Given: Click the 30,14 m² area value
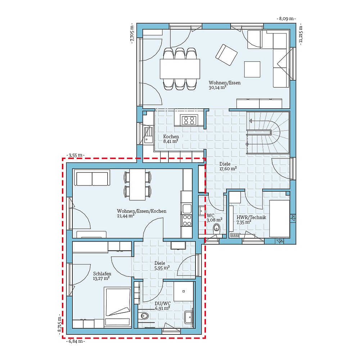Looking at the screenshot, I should [x=217, y=87].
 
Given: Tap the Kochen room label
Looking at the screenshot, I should [x=171, y=137].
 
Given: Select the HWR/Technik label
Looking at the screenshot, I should [x=251, y=217].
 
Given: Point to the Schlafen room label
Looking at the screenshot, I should [x=102, y=274].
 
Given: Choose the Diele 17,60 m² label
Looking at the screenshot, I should [x=228, y=166].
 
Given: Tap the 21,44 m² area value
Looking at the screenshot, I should [x=126, y=216].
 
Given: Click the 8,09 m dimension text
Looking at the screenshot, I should [x=286, y=18].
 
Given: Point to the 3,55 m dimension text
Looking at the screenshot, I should [x=76, y=155].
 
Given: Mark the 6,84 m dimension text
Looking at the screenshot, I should [x=76, y=341].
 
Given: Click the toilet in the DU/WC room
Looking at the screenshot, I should [x=144, y=316].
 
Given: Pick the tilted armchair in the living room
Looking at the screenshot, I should [x=226, y=55].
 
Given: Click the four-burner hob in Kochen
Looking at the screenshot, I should [x=189, y=120].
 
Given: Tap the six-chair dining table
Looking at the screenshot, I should [x=180, y=68].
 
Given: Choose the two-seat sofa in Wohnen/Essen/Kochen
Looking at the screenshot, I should [x=91, y=178].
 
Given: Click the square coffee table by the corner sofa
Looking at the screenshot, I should [x=252, y=69].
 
